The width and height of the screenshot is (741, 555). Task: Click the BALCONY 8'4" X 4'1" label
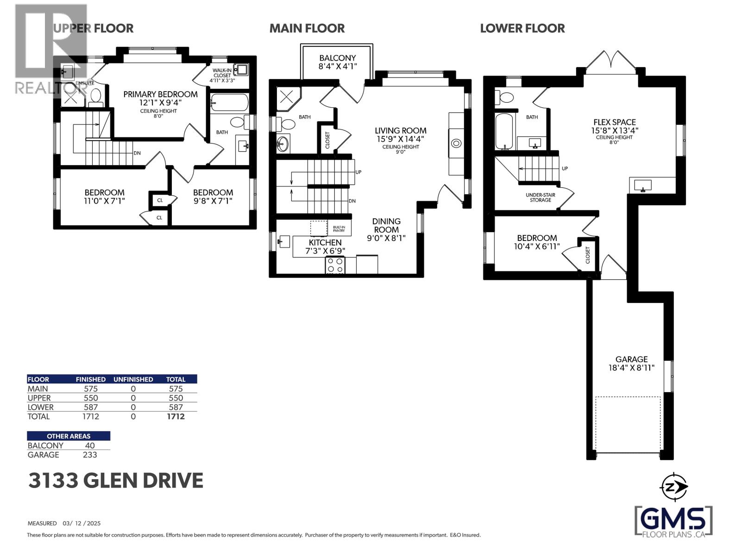[337, 62]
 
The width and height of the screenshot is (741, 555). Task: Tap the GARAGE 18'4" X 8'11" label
[631, 364]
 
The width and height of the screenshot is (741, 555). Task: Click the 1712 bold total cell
[176, 416]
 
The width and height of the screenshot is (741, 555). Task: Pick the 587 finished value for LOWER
[90, 407]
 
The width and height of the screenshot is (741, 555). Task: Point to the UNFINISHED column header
[133, 379]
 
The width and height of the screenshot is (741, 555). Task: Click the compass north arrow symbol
[674, 487]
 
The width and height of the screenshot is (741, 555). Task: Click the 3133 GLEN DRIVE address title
[116, 481]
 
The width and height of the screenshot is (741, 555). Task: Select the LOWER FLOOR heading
[522, 28]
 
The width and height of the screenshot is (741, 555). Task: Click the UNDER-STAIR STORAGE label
[540, 197]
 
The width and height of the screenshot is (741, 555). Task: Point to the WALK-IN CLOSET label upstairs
[222, 75]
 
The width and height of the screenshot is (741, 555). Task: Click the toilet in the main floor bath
[287, 124]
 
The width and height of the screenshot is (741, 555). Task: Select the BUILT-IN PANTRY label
[339, 229]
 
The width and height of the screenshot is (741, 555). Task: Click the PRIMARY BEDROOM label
[160, 99]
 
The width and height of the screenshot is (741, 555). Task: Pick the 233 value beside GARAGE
[90, 455]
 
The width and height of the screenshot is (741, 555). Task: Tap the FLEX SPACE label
[615, 126]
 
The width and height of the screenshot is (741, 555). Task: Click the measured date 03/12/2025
[82, 524]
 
